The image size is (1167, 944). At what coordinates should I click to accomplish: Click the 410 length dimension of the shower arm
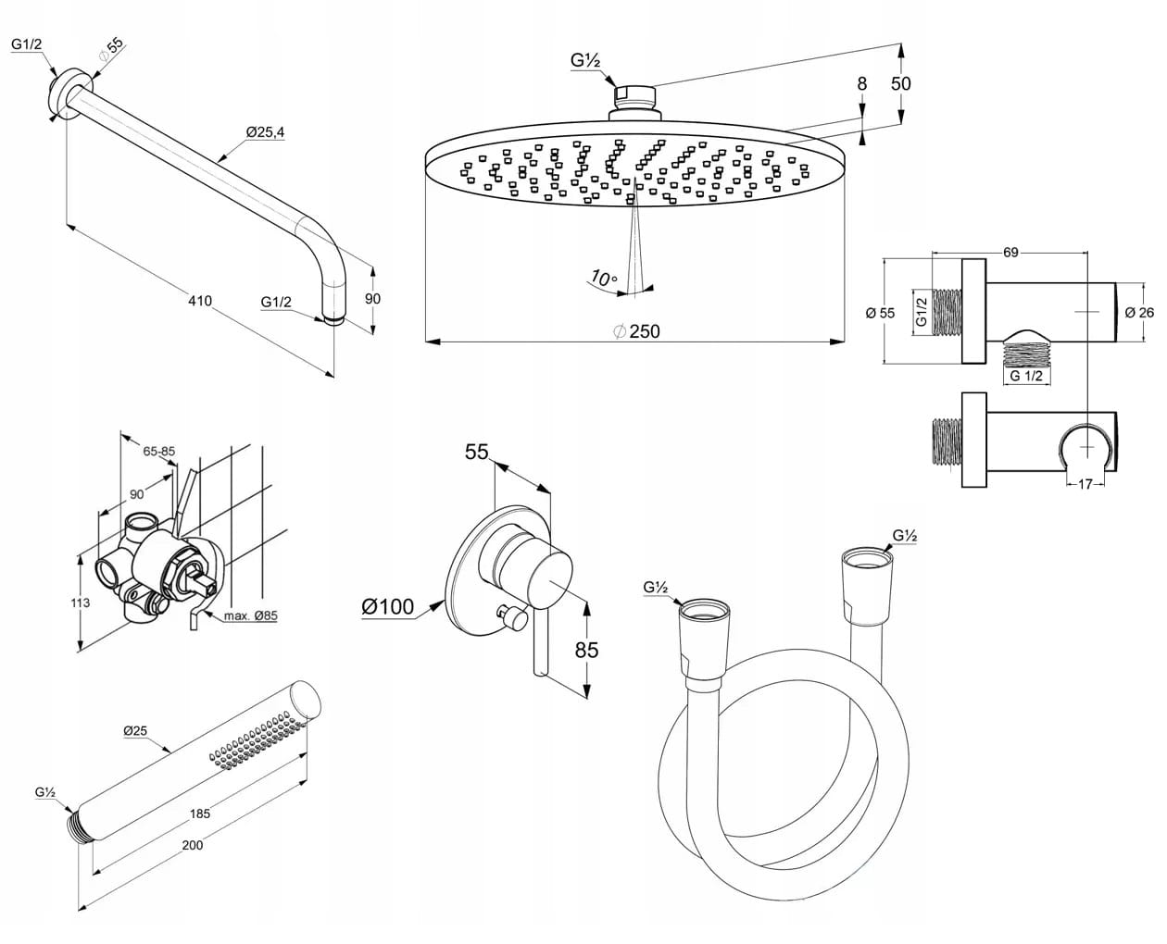[x=200, y=301]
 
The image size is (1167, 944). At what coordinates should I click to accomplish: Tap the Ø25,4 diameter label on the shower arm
[x=265, y=132]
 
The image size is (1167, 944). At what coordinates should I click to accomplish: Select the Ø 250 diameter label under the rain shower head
[x=636, y=331]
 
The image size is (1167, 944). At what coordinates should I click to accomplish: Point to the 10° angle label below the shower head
[x=604, y=279]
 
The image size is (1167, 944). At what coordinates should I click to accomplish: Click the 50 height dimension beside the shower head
[x=901, y=84]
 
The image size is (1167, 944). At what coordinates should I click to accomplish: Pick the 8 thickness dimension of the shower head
[x=862, y=84]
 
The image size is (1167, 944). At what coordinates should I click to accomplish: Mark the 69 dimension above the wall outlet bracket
[x=1010, y=253]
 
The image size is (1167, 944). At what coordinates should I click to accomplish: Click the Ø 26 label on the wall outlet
[x=1139, y=313]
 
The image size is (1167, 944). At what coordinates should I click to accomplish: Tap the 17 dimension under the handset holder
[x=1085, y=484]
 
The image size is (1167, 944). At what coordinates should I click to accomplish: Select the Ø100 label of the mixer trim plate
[x=388, y=607]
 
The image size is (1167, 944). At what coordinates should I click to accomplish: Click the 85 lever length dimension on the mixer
[x=587, y=650]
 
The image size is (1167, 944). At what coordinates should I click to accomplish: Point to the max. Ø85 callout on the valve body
[x=250, y=615]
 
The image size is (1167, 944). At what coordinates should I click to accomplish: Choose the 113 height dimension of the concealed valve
[x=80, y=602]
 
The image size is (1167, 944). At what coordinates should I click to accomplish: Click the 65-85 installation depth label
[x=159, y=452]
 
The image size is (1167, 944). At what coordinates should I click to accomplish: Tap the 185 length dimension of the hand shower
[x=200, y=814]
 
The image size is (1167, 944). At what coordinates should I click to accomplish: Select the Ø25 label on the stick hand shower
[x=135, y=731]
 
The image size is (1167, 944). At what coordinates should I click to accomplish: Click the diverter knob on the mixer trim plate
[x=512, y=616]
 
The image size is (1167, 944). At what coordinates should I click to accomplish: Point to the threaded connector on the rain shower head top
[x=635, y=97]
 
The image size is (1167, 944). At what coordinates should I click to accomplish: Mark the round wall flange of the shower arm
[x=70, y=94]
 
